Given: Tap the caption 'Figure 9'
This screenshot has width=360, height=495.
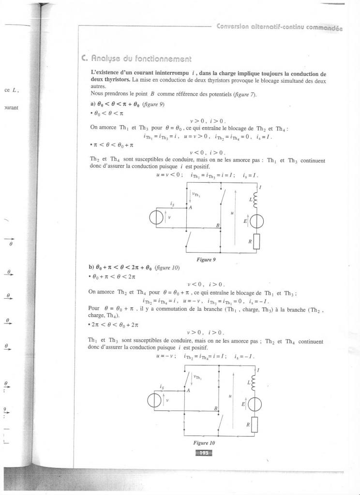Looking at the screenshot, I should click(x=206, y=259).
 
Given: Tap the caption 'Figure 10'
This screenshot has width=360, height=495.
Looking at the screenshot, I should click(x=204, y=442).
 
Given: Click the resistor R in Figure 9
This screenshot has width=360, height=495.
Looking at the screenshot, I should click(x=256, y=240).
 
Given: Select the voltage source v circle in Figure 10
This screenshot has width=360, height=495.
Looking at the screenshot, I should click(x=157, y=401).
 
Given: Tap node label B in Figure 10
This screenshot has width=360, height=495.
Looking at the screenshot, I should click(x=216, y=408).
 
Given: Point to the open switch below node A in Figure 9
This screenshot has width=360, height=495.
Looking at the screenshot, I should click(x=189, y=238).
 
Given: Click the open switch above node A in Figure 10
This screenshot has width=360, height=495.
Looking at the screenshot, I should click(x=186, y=379).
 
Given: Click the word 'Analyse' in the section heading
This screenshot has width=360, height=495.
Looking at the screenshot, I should click(x=104, y=59).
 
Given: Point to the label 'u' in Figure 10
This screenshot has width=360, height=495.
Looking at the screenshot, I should click(x=230, y=395).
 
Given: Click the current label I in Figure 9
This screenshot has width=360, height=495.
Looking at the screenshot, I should click(x=262, y=187).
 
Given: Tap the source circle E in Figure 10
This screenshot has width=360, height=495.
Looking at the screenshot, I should click(x=256, y=404).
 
